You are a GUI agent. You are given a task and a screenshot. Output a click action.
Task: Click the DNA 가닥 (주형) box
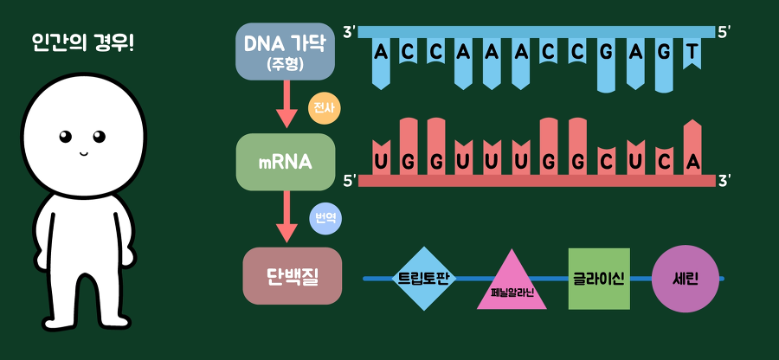tap(274, 51)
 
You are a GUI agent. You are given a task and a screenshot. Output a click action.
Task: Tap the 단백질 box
tap(292, 276)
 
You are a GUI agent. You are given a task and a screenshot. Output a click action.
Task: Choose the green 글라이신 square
tap(599, 279)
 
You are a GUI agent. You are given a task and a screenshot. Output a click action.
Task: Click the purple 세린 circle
tap(685, 279)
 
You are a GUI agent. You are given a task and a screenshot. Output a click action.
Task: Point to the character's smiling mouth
tap(85, 153)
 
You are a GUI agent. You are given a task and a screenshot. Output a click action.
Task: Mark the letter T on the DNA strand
tap(692, 54)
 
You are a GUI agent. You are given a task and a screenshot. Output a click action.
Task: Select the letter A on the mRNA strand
tap(692, 161)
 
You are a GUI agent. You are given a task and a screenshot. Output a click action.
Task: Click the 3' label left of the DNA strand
tap(349, 32)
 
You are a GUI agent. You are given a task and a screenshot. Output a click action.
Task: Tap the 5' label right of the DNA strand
tap(724, 32)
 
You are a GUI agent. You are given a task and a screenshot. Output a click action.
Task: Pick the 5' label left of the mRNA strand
tap(350, 181)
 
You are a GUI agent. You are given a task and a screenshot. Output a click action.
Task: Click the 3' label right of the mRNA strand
tap(724, 181)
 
